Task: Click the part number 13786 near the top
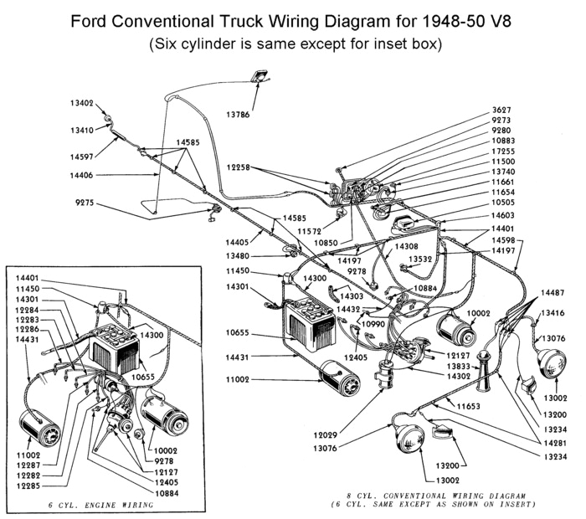(x=257, y=115)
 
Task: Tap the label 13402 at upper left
(x=83, y=103)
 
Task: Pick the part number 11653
(x=470, y=406)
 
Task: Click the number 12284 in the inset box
(x=27, y=311)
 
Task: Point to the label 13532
(x=420, y=259)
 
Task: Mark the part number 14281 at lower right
(x=553, y=442)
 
